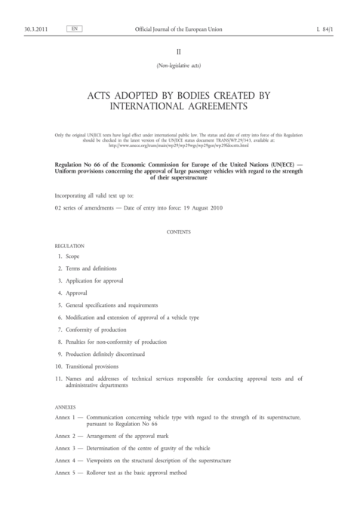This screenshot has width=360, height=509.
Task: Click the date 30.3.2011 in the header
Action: [x=37, y=29]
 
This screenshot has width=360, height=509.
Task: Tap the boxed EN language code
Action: [x=74, y=29]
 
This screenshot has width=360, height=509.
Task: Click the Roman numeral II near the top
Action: [x=180, y=53]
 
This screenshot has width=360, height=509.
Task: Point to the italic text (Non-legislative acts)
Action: [x=180, y=66]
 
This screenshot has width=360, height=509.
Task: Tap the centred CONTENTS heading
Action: [x=180, y=232]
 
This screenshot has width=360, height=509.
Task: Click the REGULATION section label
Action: [x=70, y=247]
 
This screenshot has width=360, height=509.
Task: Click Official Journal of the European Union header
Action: [x=180, y=29]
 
